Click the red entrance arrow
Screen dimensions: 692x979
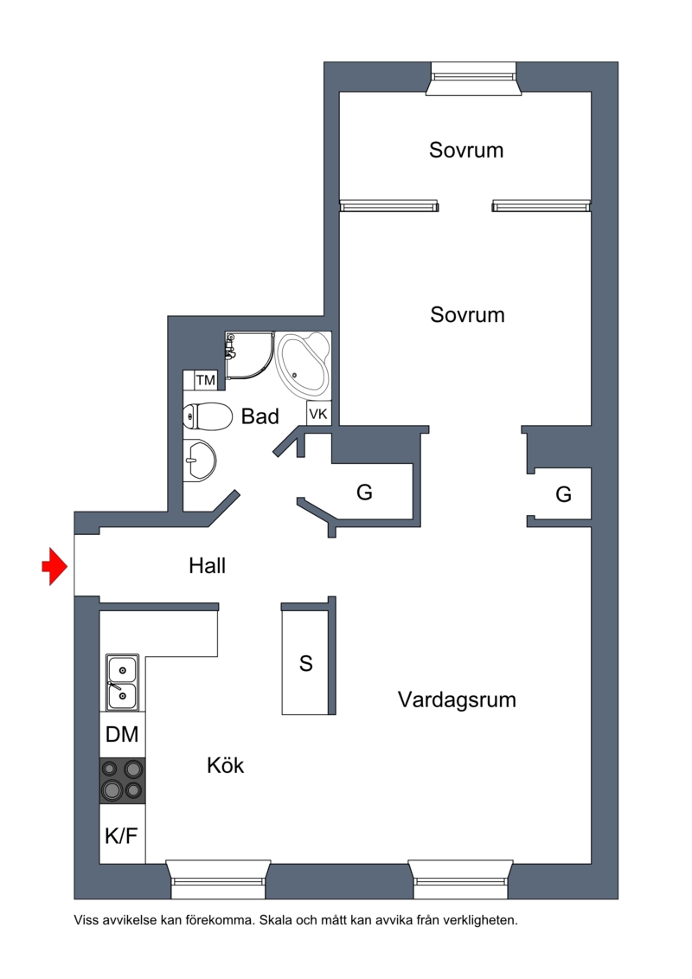[54, 566]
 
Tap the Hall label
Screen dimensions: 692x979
[207, 565]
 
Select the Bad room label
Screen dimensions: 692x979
[259, 415]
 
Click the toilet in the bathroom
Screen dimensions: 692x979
[206, 416]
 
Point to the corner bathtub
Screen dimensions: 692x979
[304, 365]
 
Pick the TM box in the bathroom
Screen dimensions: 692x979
[205, 380]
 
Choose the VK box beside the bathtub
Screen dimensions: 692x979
[318, 414]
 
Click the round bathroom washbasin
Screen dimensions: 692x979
[199, 461]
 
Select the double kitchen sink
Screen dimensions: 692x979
[122, 682]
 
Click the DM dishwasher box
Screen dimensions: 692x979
[122, 734]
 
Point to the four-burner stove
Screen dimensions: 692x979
[122, 781]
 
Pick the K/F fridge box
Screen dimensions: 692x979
[122, 834]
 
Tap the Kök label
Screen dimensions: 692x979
[225, 765]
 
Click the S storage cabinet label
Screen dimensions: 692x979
[305, 663]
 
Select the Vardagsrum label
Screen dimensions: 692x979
[457, 699]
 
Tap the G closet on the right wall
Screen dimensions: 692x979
[563, 494]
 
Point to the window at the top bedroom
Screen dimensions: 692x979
[474, 79]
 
